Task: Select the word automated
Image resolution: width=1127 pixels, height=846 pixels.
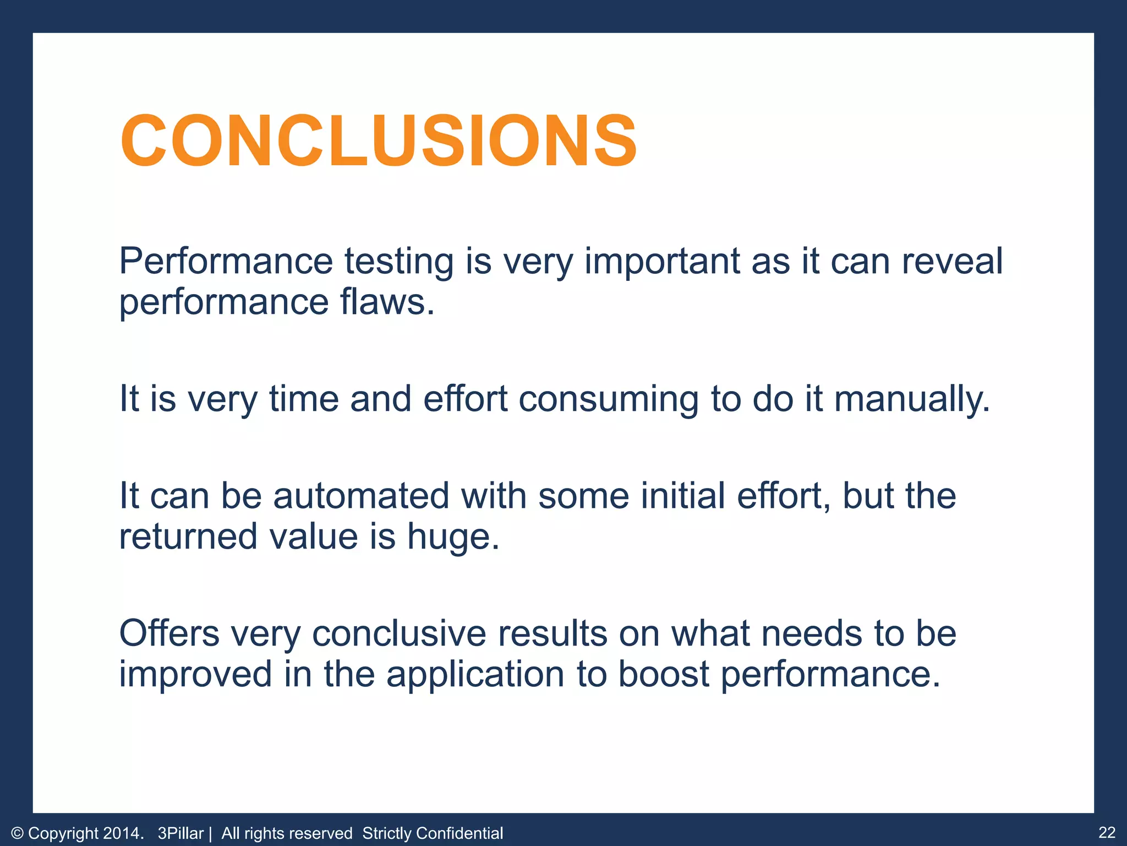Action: (361, 495)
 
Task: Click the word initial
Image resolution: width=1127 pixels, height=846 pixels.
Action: (682, 495)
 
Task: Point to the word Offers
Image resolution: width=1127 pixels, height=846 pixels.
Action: (169, 633)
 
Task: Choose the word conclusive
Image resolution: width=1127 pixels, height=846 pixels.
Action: (399, 633)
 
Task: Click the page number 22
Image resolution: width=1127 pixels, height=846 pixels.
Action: (1107, 832)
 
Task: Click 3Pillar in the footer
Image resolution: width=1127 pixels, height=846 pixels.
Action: (180, 833)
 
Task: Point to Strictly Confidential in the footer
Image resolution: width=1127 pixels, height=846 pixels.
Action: (433, 833)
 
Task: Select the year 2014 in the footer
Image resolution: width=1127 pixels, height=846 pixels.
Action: (123, 833)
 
